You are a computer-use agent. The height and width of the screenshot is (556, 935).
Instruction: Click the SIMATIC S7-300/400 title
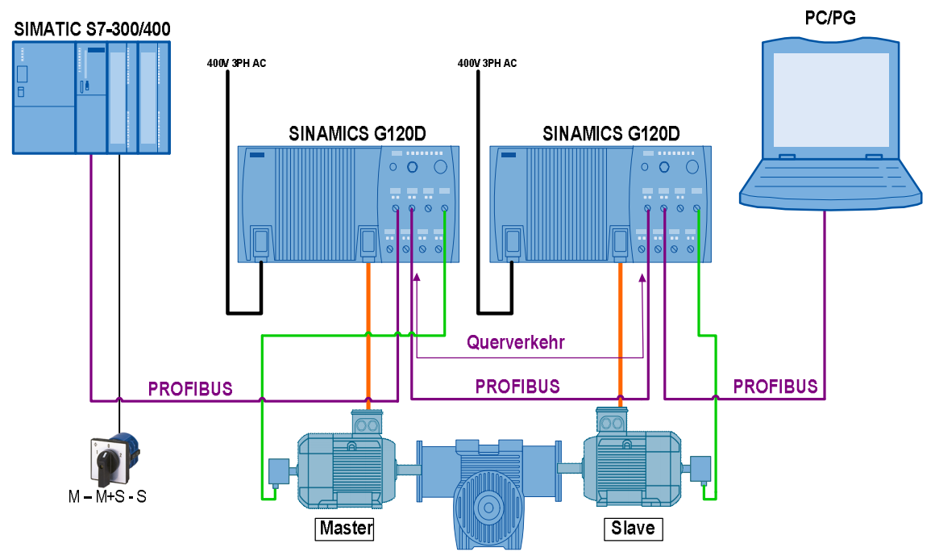[93, 30]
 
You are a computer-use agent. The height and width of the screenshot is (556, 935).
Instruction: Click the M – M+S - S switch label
[107, 496]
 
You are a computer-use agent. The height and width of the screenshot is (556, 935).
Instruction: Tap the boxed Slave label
[634, 529]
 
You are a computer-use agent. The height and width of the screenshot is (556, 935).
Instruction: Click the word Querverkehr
[516, 342]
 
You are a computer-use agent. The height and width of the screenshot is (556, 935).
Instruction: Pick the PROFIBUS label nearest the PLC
[190, 389]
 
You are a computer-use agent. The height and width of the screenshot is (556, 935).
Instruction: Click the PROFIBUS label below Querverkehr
[517, 386]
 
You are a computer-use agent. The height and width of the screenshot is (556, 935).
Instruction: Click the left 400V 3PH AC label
[236, 63]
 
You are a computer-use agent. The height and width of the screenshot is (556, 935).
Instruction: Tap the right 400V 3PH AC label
[487, 63]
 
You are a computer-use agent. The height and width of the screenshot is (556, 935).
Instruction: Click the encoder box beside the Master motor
[279, 470]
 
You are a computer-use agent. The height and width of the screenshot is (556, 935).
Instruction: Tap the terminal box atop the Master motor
[368, 422]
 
